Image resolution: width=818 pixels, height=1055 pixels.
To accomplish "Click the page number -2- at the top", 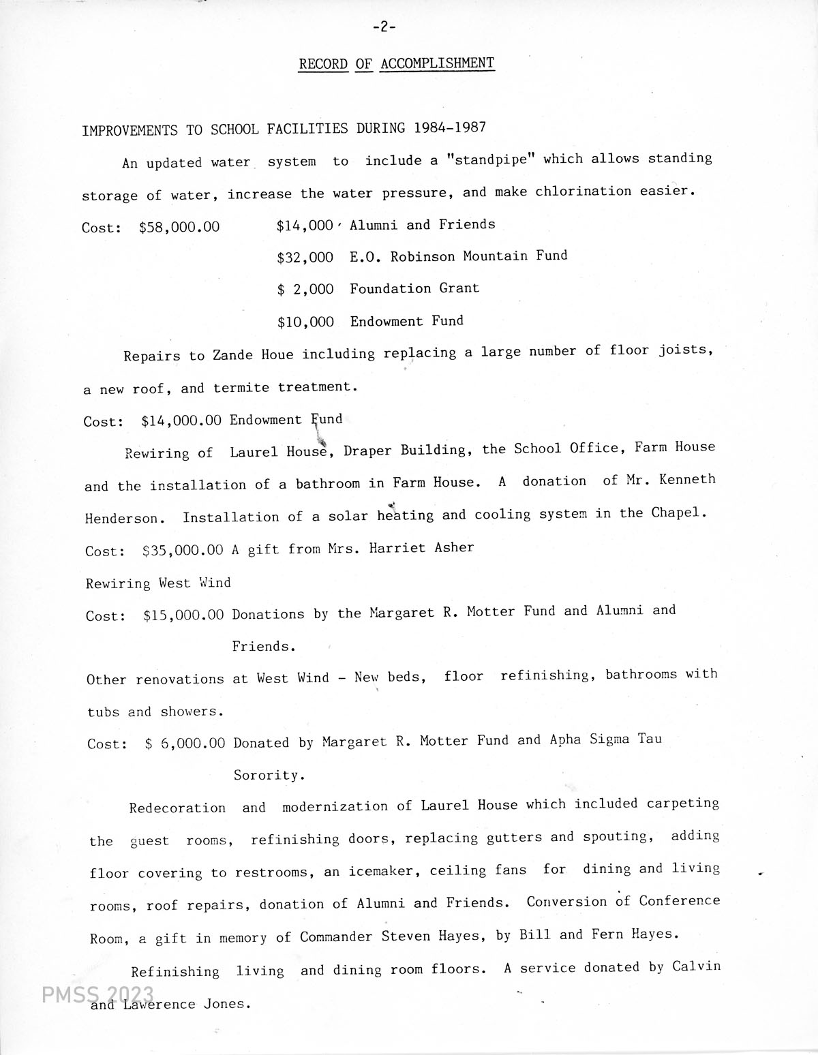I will click(384, 27).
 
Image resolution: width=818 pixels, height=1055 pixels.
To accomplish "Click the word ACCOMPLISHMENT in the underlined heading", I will click(437, 63).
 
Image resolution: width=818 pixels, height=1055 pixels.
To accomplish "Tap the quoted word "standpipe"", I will click(489, 160).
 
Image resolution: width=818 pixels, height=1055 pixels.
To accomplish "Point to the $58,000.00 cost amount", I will click(179, 227).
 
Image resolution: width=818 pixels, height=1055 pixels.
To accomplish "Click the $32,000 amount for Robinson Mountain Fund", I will click(305, 258).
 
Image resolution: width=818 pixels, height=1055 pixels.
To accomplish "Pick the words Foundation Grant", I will click(414, 288).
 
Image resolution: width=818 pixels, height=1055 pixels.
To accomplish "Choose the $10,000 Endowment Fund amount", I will click(305, 322).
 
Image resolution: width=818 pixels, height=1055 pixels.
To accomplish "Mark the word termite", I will click(241, 388).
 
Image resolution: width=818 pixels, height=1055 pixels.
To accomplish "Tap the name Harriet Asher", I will click(421, 548).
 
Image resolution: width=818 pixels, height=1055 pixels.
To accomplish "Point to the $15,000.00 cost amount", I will click(183, 615).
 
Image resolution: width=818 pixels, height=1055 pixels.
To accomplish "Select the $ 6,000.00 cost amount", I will click(185, 744).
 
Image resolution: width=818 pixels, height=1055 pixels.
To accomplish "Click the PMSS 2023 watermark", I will click(97, 996).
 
